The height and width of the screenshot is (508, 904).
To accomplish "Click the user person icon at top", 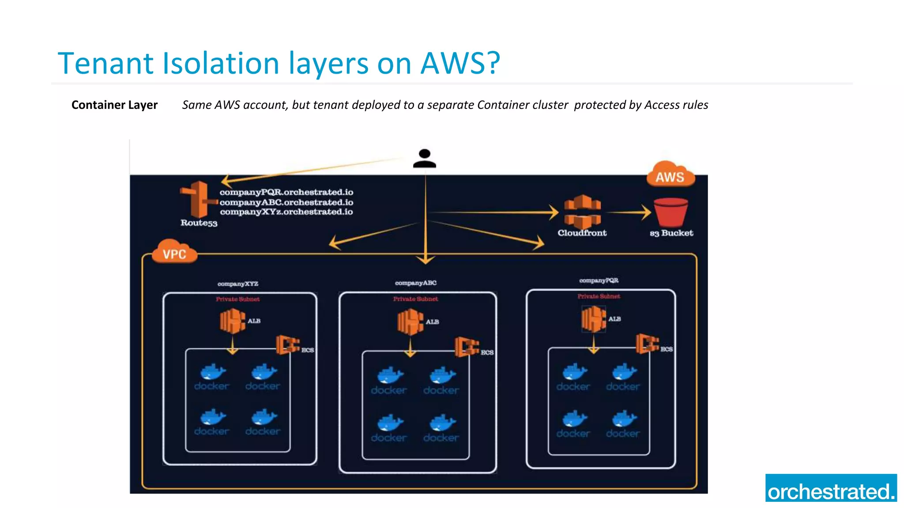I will [425, 159].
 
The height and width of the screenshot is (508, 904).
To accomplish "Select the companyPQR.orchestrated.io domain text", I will [286, 192].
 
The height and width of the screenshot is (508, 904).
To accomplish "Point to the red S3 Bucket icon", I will [670, 212].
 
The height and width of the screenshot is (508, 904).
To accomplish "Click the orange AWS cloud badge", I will [670, 176].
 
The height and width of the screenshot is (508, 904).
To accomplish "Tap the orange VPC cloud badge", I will [174, 253].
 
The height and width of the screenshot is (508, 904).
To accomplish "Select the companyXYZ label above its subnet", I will [237, 284].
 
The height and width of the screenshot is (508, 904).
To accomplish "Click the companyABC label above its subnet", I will [415, 283].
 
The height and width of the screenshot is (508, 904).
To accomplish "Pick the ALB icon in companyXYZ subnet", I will [232, 321].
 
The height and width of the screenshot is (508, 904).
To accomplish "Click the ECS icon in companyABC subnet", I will [467, 347].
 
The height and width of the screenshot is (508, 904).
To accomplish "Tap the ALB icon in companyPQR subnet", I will [593, 319].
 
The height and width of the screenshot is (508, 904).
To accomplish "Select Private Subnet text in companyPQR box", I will [599, 296].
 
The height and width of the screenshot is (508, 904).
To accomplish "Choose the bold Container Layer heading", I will [114, 105].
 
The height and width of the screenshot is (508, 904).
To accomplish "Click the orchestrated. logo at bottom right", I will [831, 488].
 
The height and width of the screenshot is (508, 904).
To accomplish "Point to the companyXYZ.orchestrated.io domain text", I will [286, 212].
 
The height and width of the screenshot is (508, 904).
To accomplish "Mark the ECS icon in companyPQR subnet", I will [647, 344].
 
